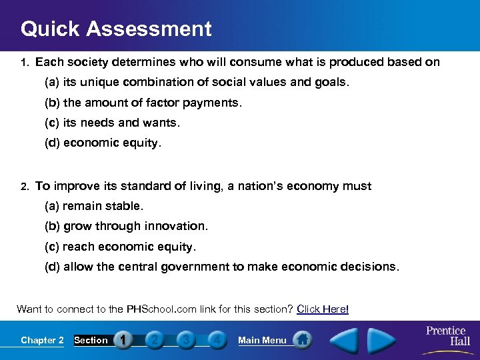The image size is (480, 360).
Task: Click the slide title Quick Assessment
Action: pos(116,29)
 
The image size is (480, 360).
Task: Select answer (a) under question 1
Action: pos(197,83)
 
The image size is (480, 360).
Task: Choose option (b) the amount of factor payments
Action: pos(143,103)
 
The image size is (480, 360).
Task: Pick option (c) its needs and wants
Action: pos(112,123)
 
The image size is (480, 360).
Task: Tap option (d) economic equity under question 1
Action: pos(103,143)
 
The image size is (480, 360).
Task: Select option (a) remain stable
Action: pos(94,206)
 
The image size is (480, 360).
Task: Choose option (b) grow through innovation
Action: pos(126,226)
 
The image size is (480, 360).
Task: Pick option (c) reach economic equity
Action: pos(121,246)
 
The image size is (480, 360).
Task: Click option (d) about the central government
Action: pos(222,267)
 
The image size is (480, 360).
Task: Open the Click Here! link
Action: pos(323,309)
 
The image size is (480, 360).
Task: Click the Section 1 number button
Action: pos(123,340)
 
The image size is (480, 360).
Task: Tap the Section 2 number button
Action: pos(154,340)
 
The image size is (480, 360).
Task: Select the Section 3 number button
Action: pos(185,340)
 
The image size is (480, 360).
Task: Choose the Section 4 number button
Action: pos(216,340)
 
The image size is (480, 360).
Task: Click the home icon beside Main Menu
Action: pos(303,339)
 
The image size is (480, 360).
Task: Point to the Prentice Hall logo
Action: pos(446,336)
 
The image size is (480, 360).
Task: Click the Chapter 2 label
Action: pos(42,340)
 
